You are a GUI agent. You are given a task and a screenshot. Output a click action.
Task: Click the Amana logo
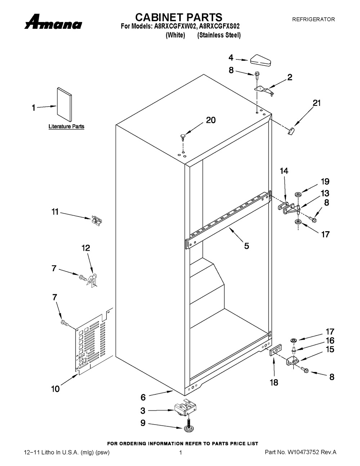(x=53, y=22)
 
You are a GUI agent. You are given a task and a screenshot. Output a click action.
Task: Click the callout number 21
(x=316, y=103)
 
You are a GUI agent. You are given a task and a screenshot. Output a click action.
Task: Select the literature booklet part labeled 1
(x=64, y=104)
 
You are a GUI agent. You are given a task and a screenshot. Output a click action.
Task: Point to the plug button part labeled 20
(x=183, y=137)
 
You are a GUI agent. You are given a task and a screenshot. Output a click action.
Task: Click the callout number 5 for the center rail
(x=247, y=246)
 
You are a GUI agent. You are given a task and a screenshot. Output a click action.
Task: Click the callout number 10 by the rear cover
(x=55, y=389)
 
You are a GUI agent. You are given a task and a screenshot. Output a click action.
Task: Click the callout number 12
(x=86, y=248)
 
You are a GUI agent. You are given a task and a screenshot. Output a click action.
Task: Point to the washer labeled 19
(x=298, y=195)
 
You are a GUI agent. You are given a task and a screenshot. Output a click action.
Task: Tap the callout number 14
(x=284, y=171)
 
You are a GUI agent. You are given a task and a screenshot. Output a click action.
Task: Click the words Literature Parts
(x=67, y=126)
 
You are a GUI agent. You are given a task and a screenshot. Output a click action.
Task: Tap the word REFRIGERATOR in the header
(x=314, y=19)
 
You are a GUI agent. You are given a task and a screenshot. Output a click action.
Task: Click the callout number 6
(x=143, y=397)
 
